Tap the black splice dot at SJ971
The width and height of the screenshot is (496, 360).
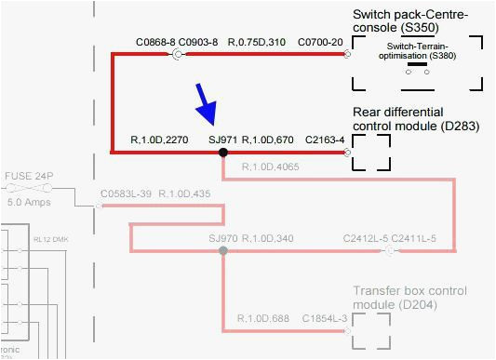point(223,152)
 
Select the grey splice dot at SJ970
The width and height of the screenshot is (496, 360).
point(223,250)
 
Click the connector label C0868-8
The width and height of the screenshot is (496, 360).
point(155,42)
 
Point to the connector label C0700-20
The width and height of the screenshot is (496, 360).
point(320,42)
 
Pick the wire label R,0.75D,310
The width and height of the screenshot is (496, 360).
point(257,42)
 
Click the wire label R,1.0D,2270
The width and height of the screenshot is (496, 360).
point(159,140)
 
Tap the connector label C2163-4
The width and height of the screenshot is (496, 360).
point(325,140)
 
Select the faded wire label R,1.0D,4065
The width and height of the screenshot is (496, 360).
point(270,167)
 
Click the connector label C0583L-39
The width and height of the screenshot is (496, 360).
point(126,193)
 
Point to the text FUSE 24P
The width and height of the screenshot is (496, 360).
point(29,176)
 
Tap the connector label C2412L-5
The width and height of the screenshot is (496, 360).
point(364,239)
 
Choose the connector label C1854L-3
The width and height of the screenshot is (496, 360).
point(324,319)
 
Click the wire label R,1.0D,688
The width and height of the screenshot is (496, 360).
point(263,319)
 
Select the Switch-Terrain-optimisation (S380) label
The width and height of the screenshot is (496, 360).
point(417,51)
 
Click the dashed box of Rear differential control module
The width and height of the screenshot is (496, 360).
point(371,153)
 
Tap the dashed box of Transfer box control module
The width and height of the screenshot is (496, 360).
point(371,330)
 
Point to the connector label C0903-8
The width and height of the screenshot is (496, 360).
point(198,42)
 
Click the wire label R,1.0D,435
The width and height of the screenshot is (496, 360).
point(184,193)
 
